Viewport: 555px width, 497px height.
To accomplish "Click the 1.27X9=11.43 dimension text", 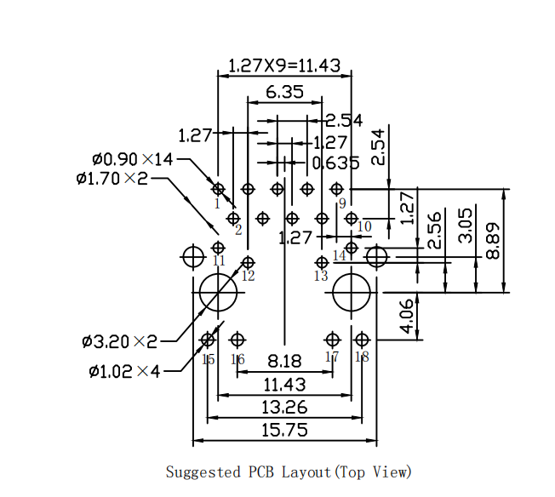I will pyautogui.click(x=284, y=65).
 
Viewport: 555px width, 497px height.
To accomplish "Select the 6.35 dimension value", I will pyautogui.click(x=284, y=92).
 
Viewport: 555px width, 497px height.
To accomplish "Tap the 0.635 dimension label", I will pyautogui.click(x=335, y=163).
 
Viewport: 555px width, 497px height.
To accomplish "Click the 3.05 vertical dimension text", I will pyautogui.click(x=465, y=225).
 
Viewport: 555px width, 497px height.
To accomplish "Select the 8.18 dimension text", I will pyautogui.click(x=284, y=361).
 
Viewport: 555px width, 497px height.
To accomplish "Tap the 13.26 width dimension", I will pyautogui.click(x=284, y=408).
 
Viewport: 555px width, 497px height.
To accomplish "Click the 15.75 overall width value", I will pyautogui.click(x=284, y=431).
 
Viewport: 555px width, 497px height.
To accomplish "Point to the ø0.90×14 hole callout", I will pyautogui.click(x=132, y=159).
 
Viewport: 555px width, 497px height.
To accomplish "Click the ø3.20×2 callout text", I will pyautogui.click(x=120, y=341).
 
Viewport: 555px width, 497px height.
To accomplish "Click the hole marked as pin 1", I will pyautogui.click(x=218, y=189).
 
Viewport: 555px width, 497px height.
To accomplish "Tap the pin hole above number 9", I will pyautogui.click(x=336, y=189).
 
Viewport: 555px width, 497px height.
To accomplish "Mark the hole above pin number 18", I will pyautogui.click(x=361, y=340).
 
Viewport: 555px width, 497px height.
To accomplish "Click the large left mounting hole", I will pyautogui.click(x=218, y=293).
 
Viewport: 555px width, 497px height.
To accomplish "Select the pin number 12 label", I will pyautogui.click(x=248, y=276).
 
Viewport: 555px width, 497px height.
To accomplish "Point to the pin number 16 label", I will pyautogui.click(x=237, y=360).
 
